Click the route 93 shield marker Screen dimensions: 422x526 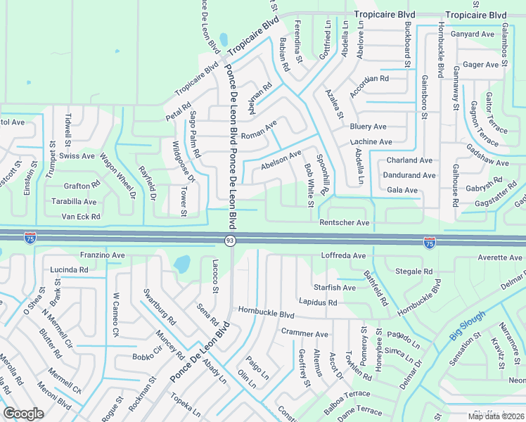coord(230,241)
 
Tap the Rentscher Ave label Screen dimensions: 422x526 coord(345,223)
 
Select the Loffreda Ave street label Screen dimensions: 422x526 coord(343,255)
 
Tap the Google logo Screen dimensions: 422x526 coord(23,414)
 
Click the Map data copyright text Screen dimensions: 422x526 coord(496,416)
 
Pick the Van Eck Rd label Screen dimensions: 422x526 coord(81,217)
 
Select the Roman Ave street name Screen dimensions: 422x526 coord(259,130)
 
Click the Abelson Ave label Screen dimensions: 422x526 coord(281,159)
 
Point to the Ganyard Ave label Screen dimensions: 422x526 coord(473,34)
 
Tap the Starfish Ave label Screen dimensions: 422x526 coord(335,288)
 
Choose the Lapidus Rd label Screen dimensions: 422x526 coord(318,302)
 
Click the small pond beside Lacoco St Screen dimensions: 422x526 coord(182,264)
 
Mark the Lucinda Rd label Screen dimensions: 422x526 coord(69,269)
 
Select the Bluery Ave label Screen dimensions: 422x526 coord(368,127)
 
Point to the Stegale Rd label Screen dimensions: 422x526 coord(414,271)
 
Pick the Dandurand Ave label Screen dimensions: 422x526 coord(409,175)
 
